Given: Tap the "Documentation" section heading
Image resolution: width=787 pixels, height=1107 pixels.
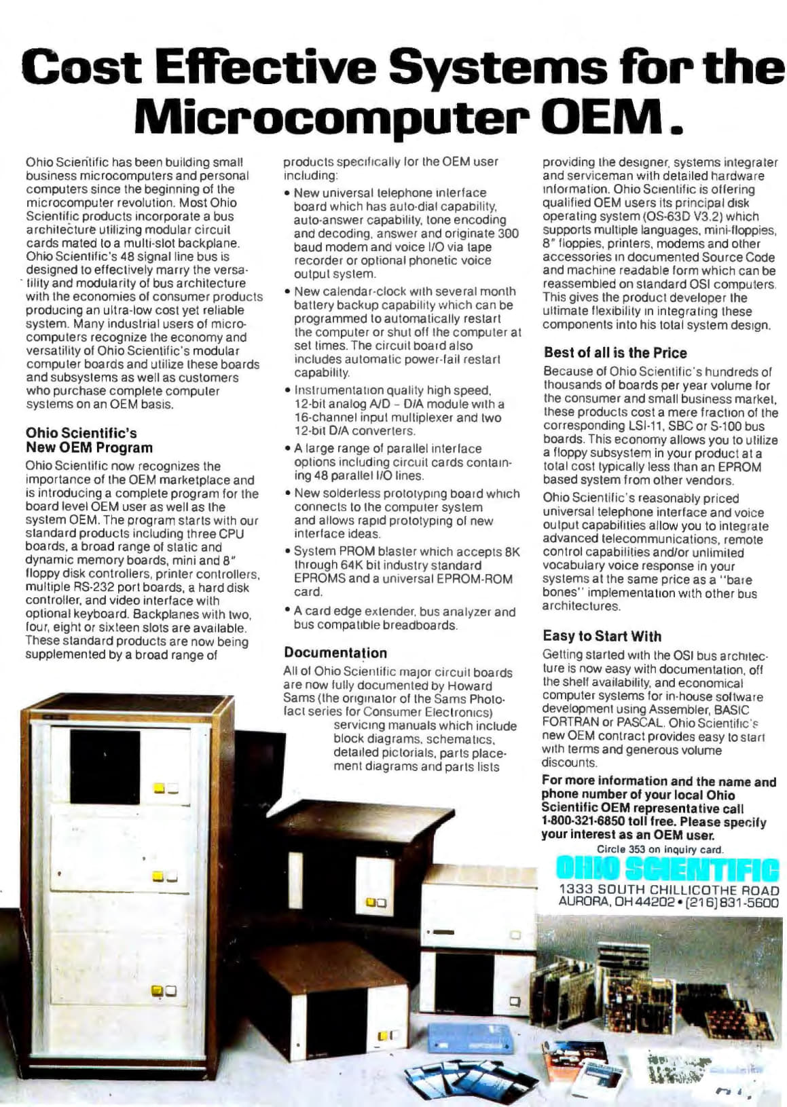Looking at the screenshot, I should coord(335,653).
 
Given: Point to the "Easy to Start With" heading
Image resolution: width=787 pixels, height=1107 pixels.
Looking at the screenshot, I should coord(602,636).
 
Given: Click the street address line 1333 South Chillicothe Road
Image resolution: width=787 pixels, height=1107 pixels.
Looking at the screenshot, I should coord(669,889).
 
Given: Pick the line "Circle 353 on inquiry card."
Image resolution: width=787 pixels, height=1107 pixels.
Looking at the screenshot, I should coord(660,849).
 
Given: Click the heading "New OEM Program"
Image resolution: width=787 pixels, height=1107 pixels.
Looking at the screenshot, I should coord(89,448).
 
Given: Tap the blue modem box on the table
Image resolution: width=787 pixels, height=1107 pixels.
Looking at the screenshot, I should coord(469,1041).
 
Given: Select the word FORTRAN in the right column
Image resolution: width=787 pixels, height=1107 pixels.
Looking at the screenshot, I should coord(570,723).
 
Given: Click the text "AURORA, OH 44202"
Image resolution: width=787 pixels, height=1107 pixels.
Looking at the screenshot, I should coord(616,902).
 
